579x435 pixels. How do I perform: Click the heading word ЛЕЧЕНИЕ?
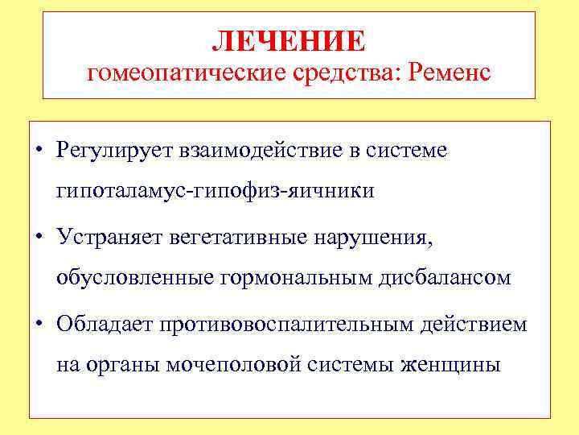tap(289, 39)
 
